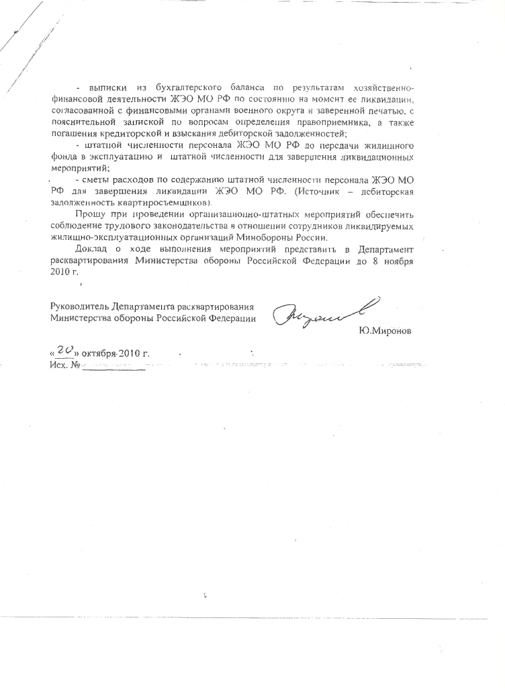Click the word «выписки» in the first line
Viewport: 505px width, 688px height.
[x=104, y=88]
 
